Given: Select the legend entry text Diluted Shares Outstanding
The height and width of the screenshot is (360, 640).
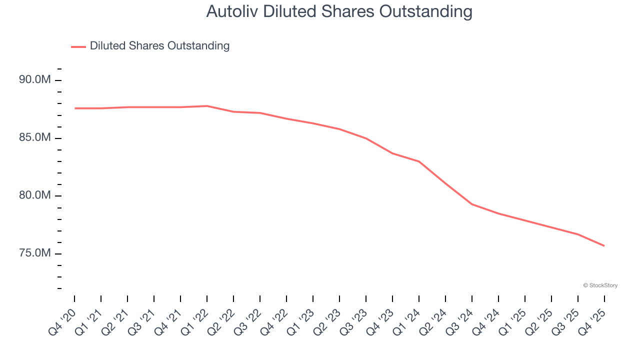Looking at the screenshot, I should [x=159, y=46].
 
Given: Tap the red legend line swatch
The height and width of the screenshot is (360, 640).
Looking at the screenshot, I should [x=78, y=46].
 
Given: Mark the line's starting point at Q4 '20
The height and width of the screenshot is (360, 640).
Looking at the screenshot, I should [x=74, y=108].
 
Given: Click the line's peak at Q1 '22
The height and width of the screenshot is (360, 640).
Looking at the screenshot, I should [x=207, y=106].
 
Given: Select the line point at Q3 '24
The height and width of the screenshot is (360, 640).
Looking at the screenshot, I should [x=472, y=204].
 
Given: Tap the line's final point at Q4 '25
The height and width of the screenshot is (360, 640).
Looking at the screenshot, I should [x=604, y=245].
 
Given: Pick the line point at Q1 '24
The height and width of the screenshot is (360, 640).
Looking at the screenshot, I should [x=419, y=161].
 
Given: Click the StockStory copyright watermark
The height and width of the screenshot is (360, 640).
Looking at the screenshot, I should [x=600, y=285].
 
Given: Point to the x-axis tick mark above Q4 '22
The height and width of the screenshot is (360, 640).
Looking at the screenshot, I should [x=286, y=299].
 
